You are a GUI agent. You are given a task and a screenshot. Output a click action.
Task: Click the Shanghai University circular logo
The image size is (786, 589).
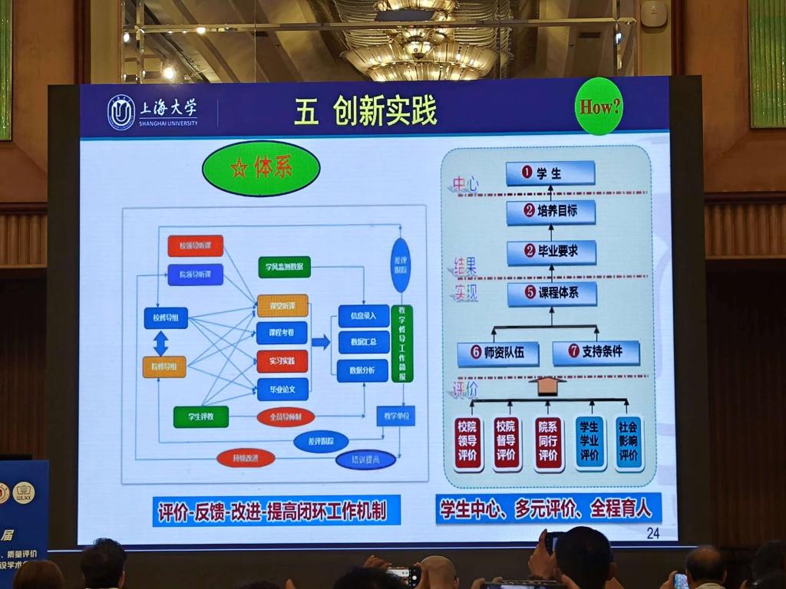tap(121, 112)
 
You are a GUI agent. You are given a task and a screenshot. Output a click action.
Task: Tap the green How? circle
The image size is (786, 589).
tap(599, 107)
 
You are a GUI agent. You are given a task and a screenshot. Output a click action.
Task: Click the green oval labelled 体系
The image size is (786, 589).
tap(261, 168)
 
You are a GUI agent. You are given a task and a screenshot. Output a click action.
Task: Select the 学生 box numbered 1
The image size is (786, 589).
tap(550, 173)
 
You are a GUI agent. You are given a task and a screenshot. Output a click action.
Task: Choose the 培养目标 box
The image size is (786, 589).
tap(551, 212)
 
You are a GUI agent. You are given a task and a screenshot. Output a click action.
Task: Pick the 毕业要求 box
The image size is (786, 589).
tap(551, 252)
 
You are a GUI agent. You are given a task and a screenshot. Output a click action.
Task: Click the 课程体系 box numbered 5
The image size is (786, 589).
tap(551, 293)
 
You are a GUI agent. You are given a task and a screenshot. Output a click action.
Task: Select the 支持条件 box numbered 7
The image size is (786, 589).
tap(596, 353)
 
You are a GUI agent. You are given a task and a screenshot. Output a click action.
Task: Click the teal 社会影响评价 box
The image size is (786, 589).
tap(629, 443)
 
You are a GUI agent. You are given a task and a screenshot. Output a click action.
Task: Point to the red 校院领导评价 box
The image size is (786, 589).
tap(467, 443)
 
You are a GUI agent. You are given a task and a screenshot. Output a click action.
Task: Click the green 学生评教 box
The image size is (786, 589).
tap(200, 416)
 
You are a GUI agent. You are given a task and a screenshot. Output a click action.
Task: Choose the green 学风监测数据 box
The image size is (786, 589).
tap(284, 267)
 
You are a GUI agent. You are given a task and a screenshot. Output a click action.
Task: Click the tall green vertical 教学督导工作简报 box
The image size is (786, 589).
tap(401, 343)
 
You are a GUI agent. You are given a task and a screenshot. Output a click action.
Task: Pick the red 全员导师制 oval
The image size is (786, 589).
tap(286, 416)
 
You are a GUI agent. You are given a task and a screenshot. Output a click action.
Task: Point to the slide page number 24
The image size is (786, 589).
tap(652, 533)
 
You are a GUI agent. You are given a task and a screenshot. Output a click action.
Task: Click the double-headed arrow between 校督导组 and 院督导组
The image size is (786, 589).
tap(160, 342)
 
